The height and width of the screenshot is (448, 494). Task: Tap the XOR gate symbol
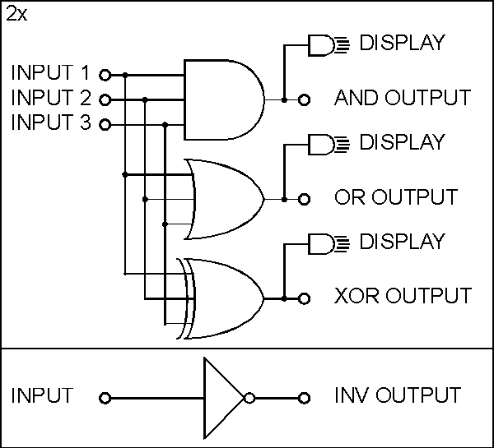click(x=224, y=298)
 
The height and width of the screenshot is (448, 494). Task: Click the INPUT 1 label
click(x=50, y=73)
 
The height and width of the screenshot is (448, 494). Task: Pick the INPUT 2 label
click(x=50, y=99)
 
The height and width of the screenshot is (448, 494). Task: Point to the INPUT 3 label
click(x=50, y=123)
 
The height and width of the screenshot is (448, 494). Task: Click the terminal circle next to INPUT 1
click(x=105, y=75)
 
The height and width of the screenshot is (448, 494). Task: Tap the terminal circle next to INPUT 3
click(x=105, y=125)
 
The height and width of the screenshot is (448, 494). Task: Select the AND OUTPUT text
click(x=402, y=99)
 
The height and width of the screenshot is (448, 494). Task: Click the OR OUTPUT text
click(x=395, y=198)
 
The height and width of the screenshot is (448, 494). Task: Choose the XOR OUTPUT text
click(x=403, y=296)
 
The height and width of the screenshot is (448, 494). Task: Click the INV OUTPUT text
click(x=397, y=396)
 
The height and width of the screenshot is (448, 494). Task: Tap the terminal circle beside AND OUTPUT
click(x=305, y=100)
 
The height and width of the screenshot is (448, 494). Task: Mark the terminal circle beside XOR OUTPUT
click(x=305, y=298)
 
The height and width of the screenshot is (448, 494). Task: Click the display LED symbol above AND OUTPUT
click(x=322, y=45)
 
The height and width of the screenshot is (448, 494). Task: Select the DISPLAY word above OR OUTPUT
click(x=402, y=142)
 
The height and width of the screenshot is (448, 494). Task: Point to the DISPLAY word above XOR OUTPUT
click(x=402, y=242)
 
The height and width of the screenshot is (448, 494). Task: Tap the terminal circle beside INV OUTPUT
click(x=305, y=399)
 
